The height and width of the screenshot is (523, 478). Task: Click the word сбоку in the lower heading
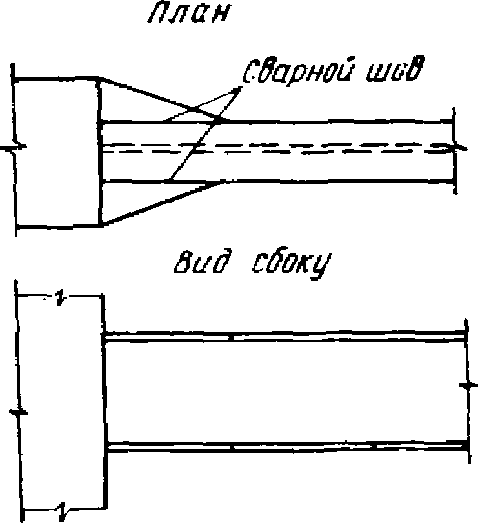click(283, 264)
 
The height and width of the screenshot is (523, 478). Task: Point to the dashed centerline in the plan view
click(277, 148)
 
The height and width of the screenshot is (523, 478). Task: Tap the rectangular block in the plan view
click(58, 152)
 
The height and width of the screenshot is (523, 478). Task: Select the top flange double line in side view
click(284, 337)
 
